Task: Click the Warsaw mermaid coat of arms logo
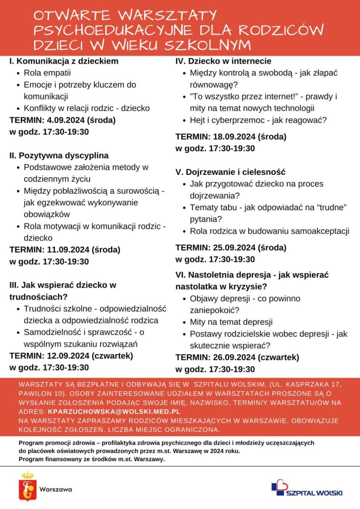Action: click(27, 487)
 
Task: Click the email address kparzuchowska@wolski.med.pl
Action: click(113, 412)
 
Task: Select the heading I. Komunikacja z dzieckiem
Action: click(64, 62)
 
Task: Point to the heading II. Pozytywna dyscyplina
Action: click(59, 156)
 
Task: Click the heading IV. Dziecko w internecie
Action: click(223, 61)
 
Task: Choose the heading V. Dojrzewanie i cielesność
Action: click(230, 172)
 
